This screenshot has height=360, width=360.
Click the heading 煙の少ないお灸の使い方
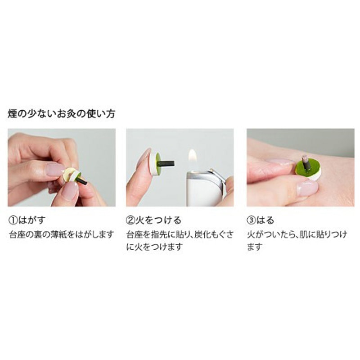click(61, 114)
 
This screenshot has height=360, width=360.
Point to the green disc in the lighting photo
click(158, 162)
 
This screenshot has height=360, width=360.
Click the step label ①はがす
click(27, 220)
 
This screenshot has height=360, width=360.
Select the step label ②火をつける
click(153, 220)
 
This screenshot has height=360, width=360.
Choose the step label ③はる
click(261, 220)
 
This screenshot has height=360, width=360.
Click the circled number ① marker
click(13, 220)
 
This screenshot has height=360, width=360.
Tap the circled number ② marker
click(130, 220)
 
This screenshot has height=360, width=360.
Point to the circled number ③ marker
click(251, 220)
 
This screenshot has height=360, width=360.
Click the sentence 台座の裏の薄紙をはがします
click(62, 234)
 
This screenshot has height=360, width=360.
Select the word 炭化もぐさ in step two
click(214, 234)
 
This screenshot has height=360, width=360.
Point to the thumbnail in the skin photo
click(308, 188)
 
